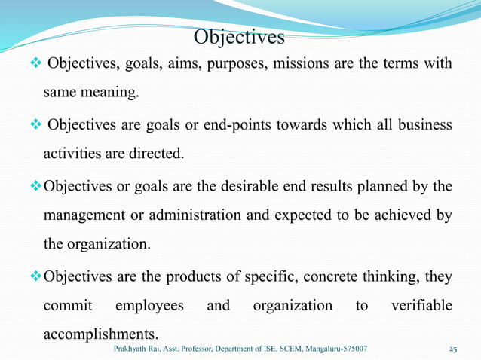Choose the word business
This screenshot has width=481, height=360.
(x=423, y=124)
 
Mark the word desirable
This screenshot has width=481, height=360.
(x=253, y=185)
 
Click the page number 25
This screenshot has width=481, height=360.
(x=454, y=349)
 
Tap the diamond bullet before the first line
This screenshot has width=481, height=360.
(x=35, y=62)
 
